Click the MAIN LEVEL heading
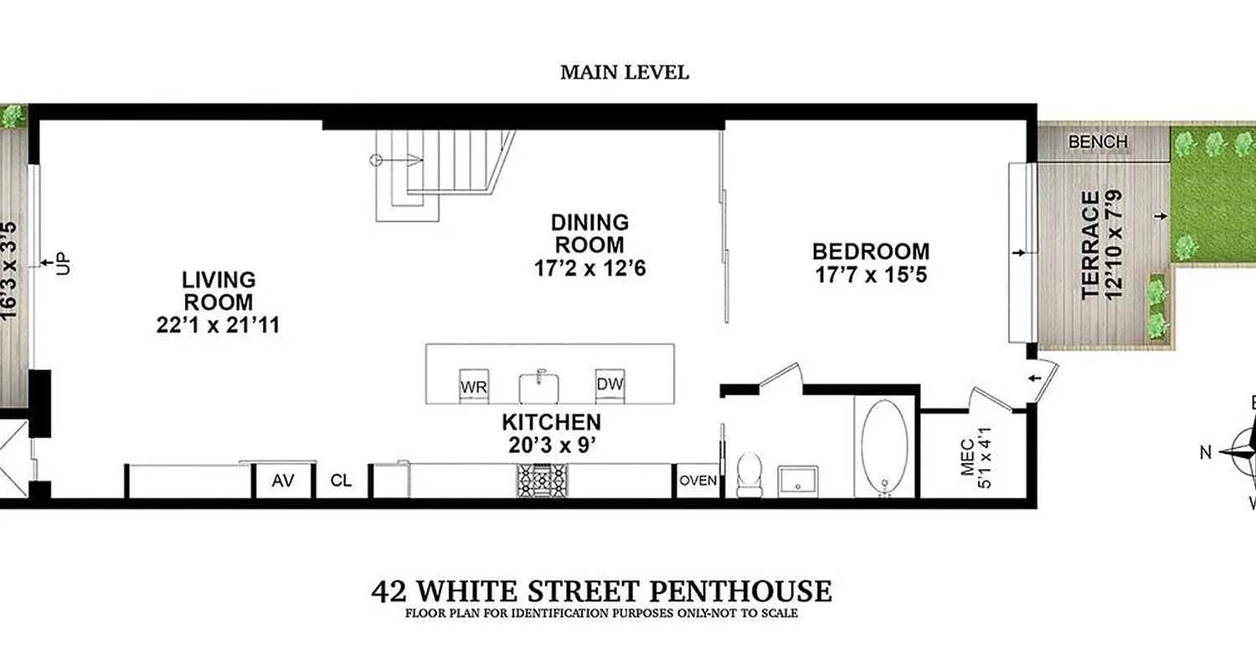624,73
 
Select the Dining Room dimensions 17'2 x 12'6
589,269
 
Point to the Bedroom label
871,251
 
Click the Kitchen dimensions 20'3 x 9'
551,446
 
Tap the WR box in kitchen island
474,387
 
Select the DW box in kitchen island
610,384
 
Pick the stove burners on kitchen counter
536,481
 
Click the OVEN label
697,481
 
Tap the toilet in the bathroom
748,474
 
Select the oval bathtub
885,446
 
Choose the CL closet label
341,482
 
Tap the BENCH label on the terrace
1098,142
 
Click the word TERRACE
1089,245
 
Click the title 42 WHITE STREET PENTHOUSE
601,591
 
